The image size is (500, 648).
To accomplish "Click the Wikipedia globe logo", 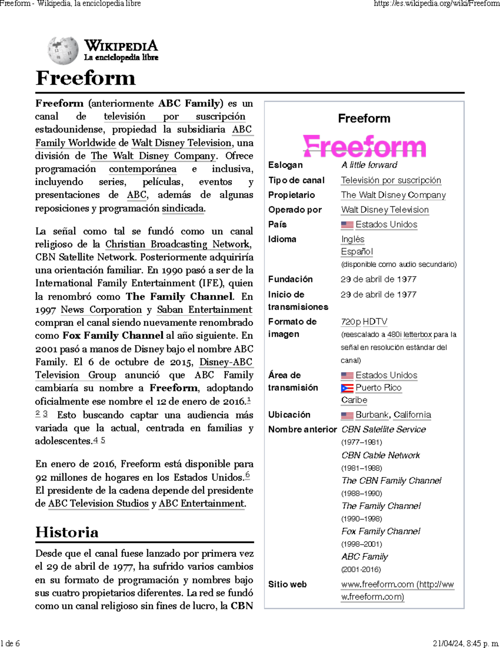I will pos(63,50).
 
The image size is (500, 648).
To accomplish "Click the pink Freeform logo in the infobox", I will pos(365,146).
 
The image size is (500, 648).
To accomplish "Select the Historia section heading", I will pos(67,532).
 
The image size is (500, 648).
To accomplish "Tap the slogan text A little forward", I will pos(369,165).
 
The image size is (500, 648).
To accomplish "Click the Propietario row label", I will pos(292,195).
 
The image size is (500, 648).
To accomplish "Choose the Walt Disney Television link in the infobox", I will pos(385,209).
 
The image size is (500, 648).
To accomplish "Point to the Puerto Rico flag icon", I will pos(347,388).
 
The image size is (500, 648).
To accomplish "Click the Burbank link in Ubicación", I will pos(372,415).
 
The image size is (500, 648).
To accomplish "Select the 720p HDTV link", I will pos(364,321).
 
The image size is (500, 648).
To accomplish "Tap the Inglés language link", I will pos(352,239).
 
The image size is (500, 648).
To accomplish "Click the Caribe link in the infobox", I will pos(354,400).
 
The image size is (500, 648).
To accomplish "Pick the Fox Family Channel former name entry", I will pos(381,531).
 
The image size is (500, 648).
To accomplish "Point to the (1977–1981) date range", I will pos(361,442).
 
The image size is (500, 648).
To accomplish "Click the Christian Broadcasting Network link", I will pos(177,244).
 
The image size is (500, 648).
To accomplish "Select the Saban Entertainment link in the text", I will pos(205,310).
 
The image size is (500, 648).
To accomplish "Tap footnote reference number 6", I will pos(247,475).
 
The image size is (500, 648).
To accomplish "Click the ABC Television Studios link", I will pos(98,504).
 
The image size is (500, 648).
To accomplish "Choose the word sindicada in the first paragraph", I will pos(183,208).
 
